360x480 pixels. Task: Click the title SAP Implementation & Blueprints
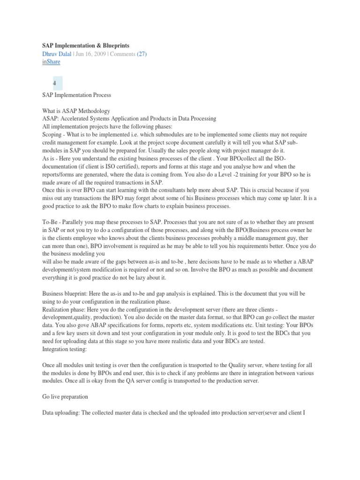[86, 45]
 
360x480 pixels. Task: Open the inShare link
[51, 62]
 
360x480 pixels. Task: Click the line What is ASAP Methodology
[76, 111]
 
